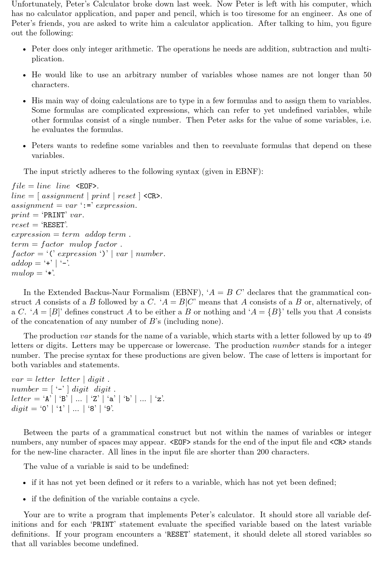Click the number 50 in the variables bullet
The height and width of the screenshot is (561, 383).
pos(367,75)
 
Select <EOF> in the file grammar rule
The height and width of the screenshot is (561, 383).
pos(87,186)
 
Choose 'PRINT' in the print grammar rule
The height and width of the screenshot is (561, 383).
pos(54,215)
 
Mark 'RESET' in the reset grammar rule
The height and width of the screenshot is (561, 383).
pos(54,225)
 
